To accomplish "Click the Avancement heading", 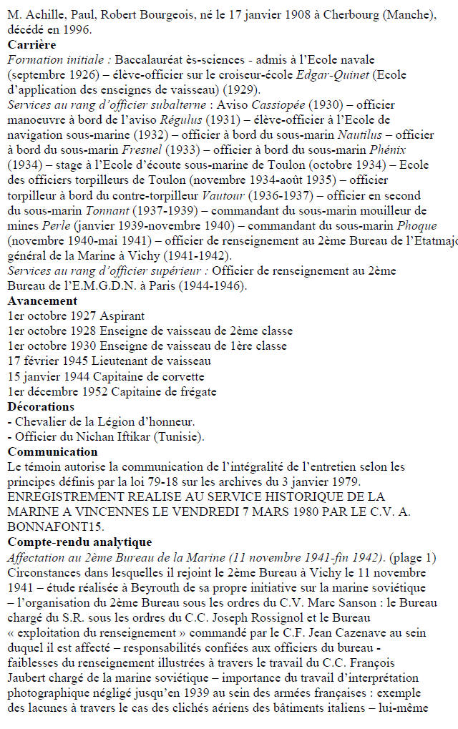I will click(42, 300).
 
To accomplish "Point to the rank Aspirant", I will click(120, 315).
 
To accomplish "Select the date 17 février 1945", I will click(48, 361).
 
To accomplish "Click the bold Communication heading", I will click(52, 451).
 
